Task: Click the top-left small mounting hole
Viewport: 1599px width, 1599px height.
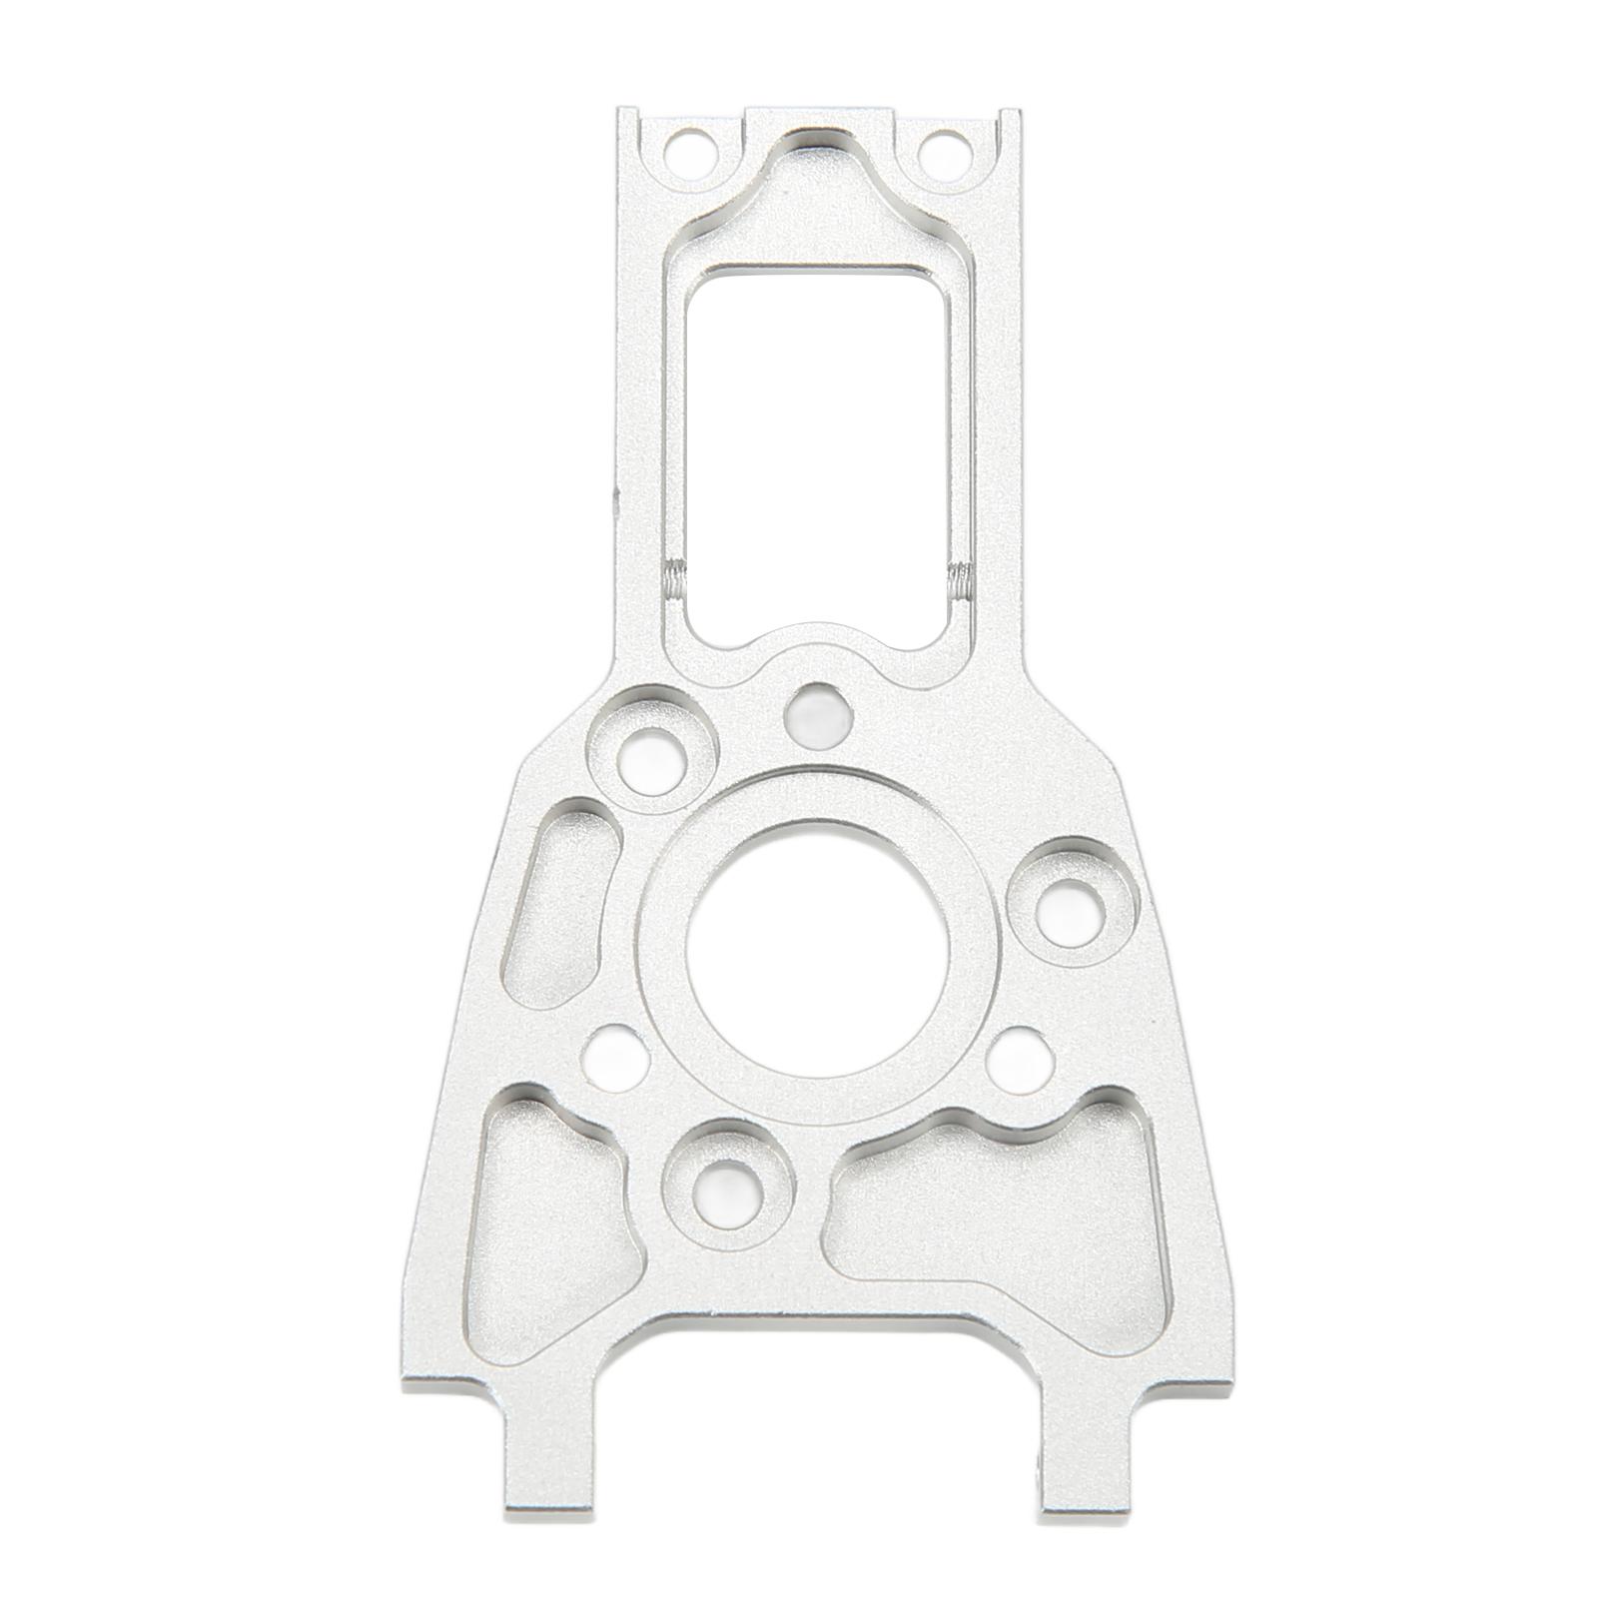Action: coord(688,150)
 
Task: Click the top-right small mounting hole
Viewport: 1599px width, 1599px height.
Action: coord(936,150)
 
